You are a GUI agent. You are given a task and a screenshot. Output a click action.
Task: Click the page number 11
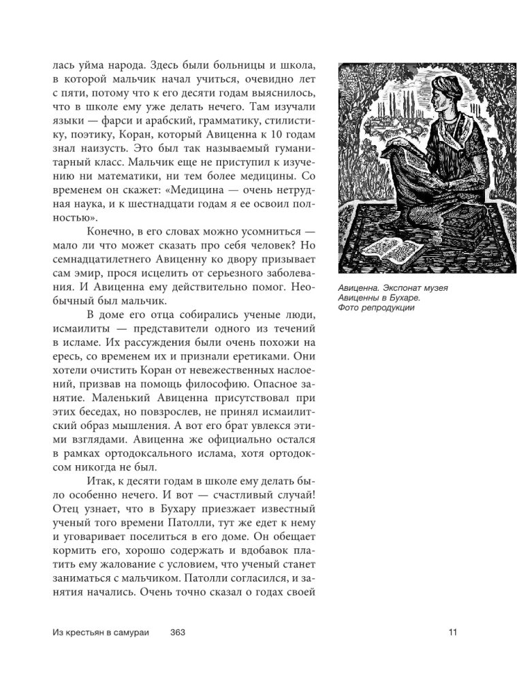tap(453, 633)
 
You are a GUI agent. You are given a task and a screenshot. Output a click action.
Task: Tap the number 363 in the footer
tap(178, 633)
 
